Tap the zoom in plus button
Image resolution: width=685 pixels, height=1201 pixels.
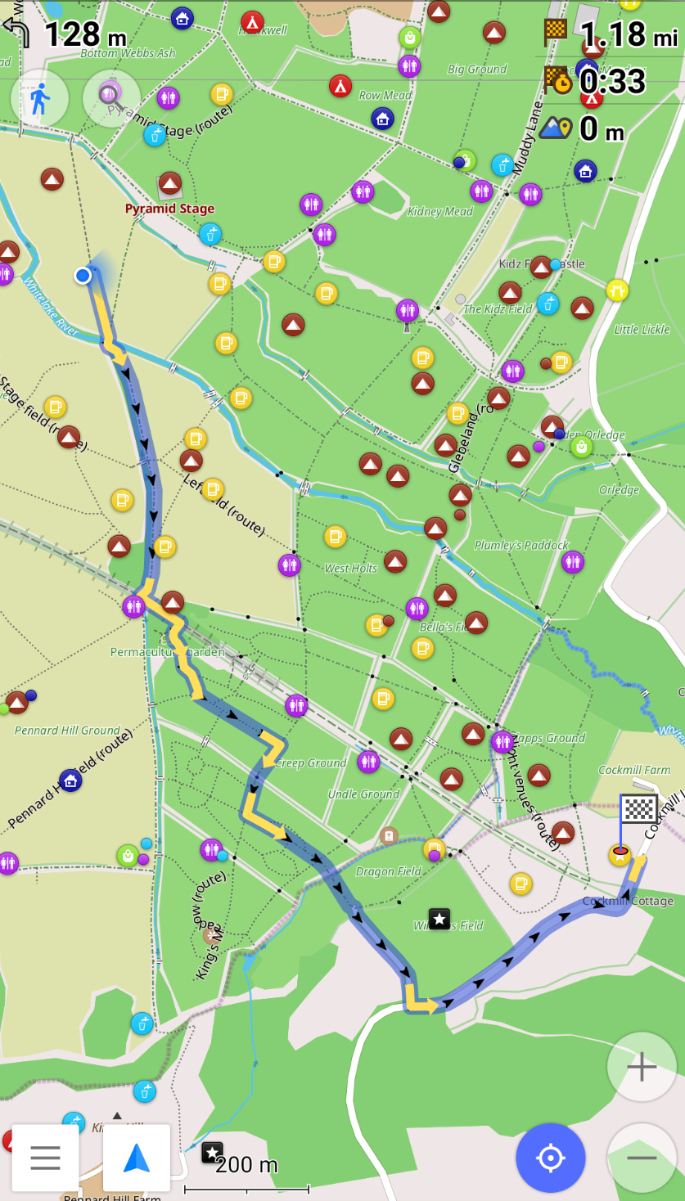coord(642,1067)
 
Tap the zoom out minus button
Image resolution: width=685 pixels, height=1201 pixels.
coord(642,1158)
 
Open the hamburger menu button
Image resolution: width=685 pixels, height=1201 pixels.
coord(45,1158)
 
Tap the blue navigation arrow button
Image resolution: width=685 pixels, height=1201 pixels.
coord(137,1158)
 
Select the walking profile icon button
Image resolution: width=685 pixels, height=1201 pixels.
coord(39,98)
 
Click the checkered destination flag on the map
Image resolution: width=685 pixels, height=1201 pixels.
coord(638,809)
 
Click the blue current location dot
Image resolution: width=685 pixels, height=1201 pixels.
coord(83,276)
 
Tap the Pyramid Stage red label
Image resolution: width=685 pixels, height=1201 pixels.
coord(169,209)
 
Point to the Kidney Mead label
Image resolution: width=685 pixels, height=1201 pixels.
coord(440,212)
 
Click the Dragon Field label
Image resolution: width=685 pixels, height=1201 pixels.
coord(389,871)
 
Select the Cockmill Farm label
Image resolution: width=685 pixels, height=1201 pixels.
coord(634,770)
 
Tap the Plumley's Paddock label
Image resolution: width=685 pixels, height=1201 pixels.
coord(521,545)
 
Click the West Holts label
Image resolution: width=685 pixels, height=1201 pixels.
coord(351,568)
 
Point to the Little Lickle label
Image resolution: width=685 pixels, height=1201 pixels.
coord(642,330)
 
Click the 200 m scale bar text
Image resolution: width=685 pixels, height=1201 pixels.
coord(246,1165)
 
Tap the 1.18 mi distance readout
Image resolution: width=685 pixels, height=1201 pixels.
coord(629,34)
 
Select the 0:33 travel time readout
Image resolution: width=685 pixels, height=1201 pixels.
coord(612,82)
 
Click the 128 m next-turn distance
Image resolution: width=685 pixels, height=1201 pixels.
coord(85,34)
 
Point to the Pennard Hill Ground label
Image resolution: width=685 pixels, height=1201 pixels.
coord(67,731)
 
